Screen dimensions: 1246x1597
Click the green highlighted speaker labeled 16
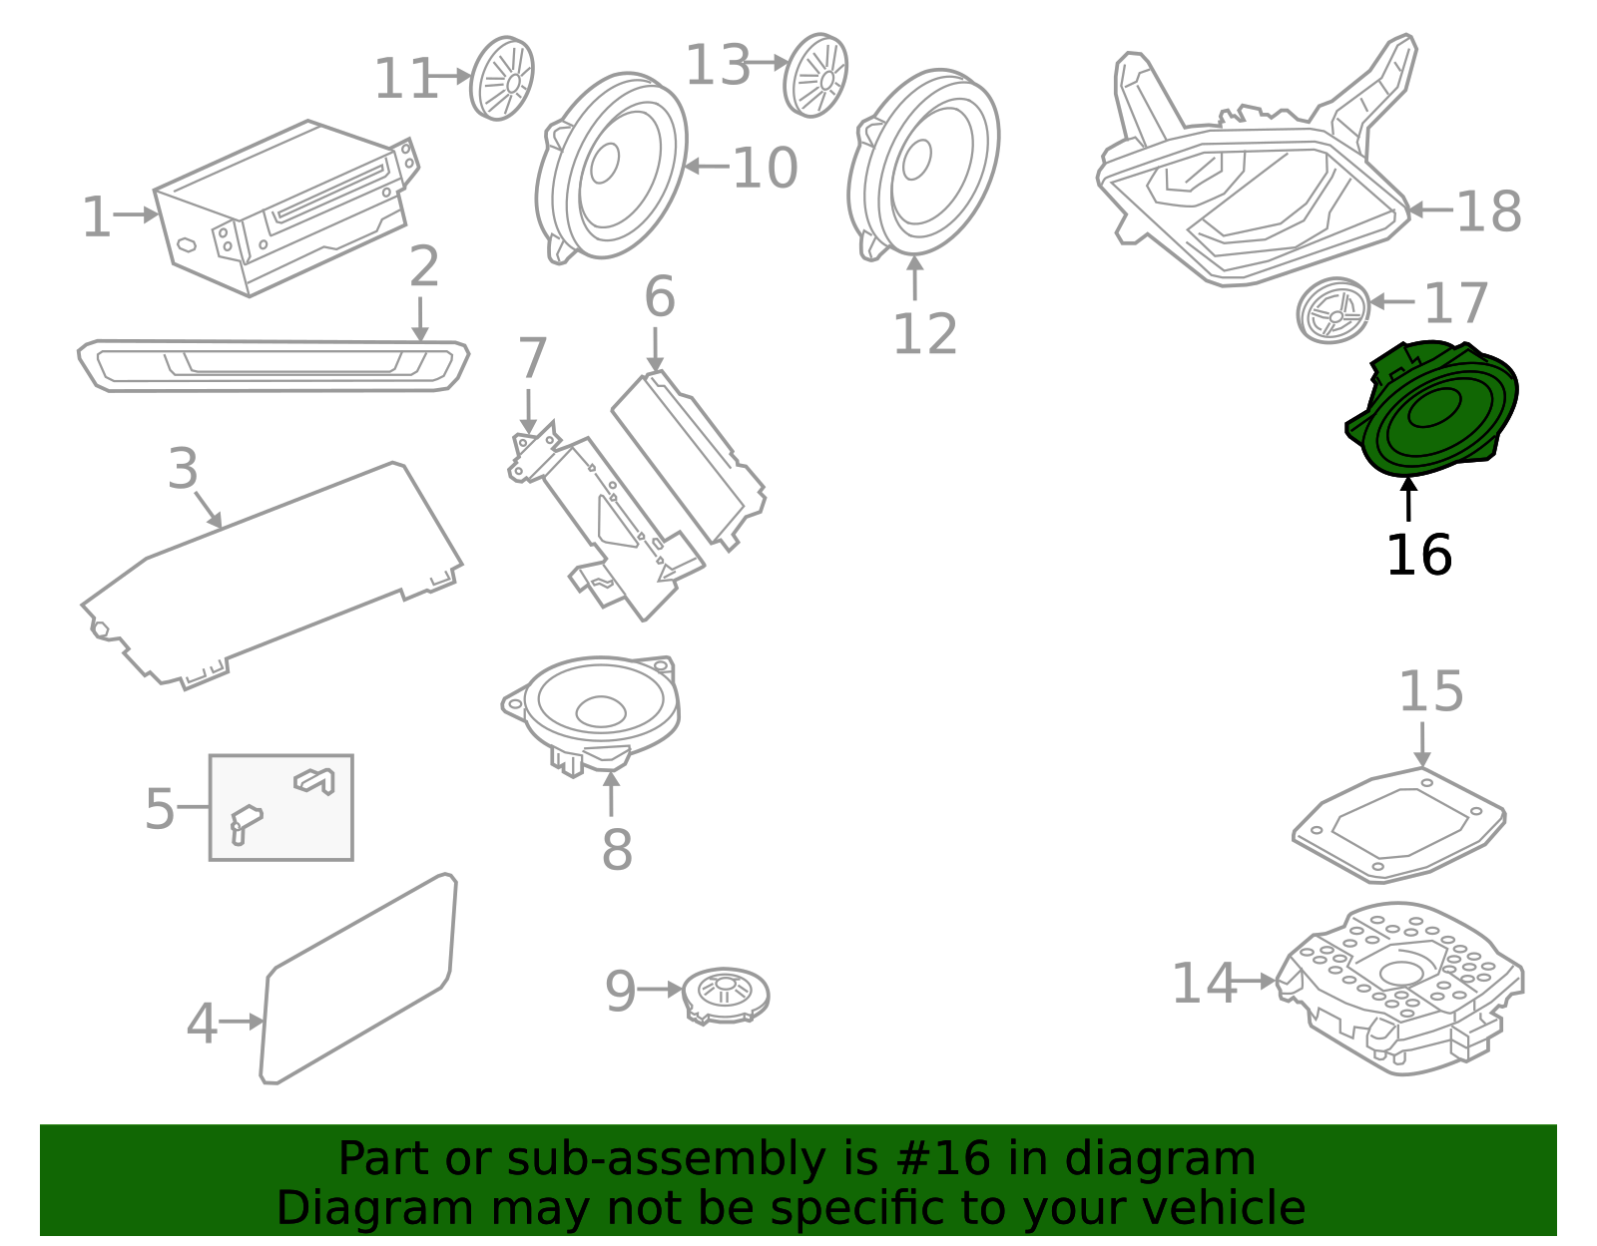pos(1432,410)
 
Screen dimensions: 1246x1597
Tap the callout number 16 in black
pos(1418,556)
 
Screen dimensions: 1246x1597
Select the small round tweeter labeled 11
pos(502,78)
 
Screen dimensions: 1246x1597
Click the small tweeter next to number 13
pos(815,75)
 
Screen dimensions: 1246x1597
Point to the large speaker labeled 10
pos(612,166)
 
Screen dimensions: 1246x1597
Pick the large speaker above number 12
pos(923,163)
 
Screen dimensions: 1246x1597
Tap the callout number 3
pos(183,469)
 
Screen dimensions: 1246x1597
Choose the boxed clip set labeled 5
pos(280,807)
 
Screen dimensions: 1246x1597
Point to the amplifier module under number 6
pos(689,460)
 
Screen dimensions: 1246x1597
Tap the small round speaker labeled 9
pos(726,994)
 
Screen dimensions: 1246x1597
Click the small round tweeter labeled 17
pos(1333,311)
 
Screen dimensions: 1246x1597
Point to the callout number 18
pos(1488,211)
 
